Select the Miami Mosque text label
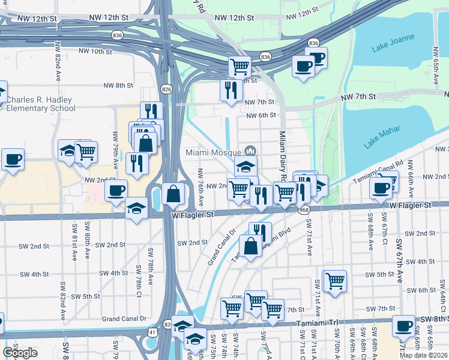point(212,152)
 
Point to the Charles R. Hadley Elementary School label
point(40,104)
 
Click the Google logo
point(20,352)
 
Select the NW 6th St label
point(261,115)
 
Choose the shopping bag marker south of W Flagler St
point(250,245)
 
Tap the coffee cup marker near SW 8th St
point(403,326)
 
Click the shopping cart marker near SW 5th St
point(336,279)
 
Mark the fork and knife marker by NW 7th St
point(231,90)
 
